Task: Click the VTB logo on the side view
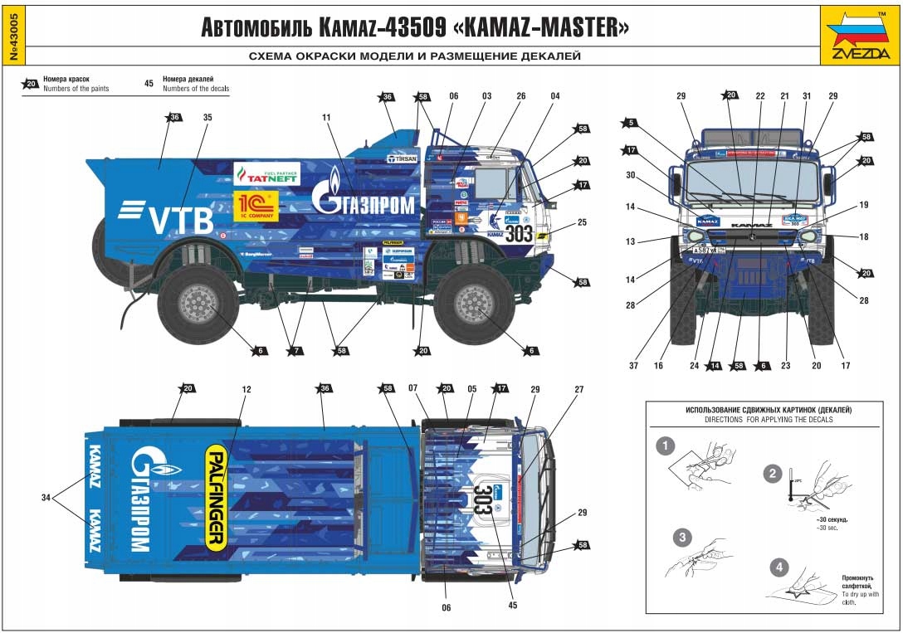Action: (x=166, y=217)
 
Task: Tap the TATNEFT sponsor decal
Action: (x=266, y=173)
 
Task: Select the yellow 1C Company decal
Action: (x=256, y=207)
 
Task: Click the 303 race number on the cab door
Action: (x=519, y=233)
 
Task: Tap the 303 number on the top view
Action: (x=482, y=499)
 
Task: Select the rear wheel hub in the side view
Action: (x=196, y=303)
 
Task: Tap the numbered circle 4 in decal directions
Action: (x=778, y=568)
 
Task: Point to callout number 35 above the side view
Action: (x=207, y=118)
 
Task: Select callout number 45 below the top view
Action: (x=512, y=605)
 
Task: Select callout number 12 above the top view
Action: (x=246, y=388)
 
